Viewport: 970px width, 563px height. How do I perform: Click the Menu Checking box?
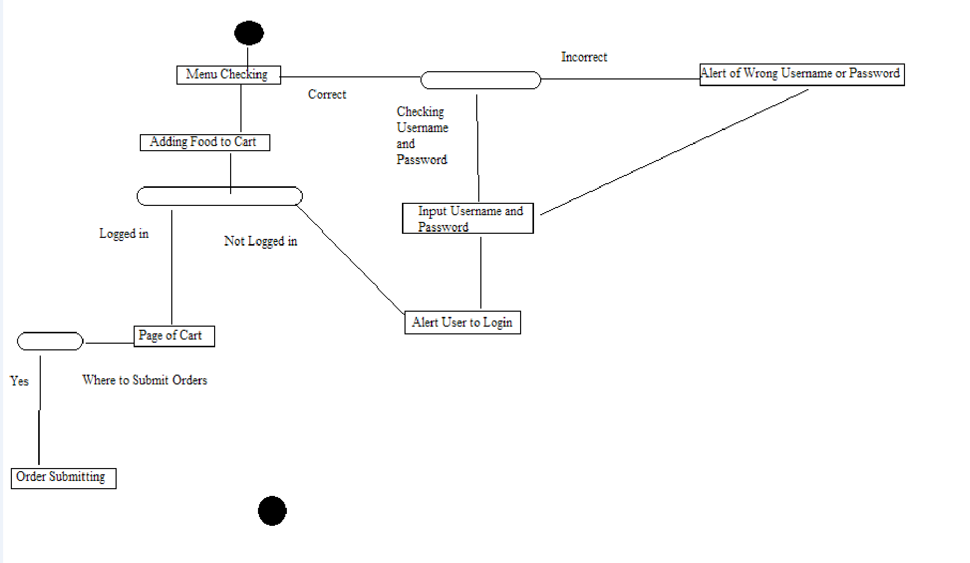coord(229,75)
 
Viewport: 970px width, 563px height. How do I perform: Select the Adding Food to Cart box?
coord(205,142)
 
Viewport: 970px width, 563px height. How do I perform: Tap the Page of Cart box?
coord(174,336)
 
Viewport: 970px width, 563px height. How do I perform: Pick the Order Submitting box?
coord(63,478)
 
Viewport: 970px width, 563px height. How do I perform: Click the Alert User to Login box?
coord(462,323)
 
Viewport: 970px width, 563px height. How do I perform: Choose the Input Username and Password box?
coord(467,218)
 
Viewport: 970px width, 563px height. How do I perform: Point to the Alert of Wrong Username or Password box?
coord(802,74)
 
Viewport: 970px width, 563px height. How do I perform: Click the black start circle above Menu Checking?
coord(249,33)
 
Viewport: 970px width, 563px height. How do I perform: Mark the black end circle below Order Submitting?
coord(272,511)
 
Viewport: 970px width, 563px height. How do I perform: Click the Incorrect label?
coord(584,57)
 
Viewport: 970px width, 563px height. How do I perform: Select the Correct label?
coord(327,94)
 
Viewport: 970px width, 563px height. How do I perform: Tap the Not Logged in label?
coord(261,241)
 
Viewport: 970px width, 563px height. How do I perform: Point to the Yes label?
coord(20,381)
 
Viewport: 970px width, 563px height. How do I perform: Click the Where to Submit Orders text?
coord(144,380)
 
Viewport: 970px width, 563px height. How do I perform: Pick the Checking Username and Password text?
coord(422,136)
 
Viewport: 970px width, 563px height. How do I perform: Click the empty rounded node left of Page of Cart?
coord(50,341)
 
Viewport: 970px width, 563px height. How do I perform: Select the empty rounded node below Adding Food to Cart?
coord(219,196)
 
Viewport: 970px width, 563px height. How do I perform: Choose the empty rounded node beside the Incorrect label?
coord(480,80)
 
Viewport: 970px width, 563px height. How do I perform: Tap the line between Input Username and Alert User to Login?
coord(481,272)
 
